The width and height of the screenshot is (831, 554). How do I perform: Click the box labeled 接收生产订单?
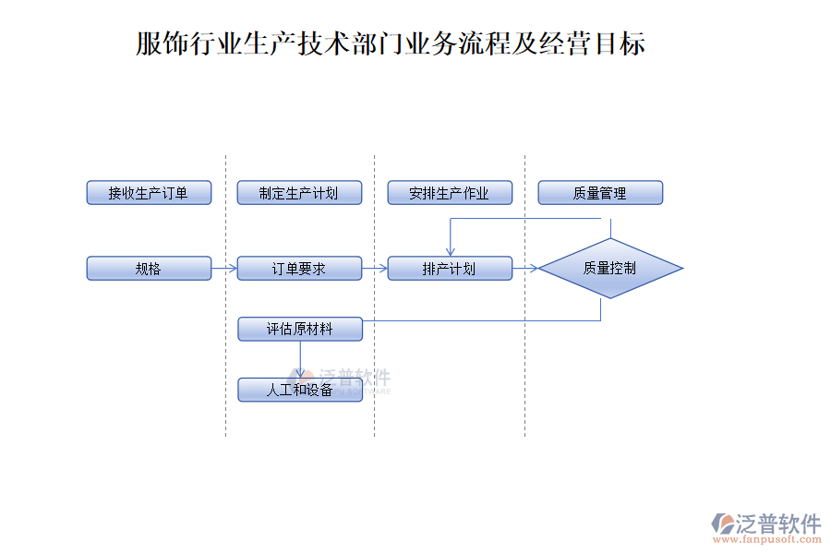[x=149, y=193]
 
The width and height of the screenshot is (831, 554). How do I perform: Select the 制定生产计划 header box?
[x=299, y=193]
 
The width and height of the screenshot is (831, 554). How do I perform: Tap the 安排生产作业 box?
[x=450, y=193]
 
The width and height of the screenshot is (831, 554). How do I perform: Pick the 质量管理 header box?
[x=600, y=193]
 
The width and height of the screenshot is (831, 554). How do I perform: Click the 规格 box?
[x=149, y=269]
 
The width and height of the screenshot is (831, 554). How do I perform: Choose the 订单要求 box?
[x=299, y=269]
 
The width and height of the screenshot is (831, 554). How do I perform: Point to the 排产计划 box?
[x=450, y=269]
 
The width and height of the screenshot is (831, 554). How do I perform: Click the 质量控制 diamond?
[x=610, y=269]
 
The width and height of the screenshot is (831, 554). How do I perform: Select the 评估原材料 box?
[x=299, y=329]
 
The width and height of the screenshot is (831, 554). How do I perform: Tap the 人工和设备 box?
[x=299, y=390]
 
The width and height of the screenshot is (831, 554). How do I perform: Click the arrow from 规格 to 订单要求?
[x=224, y=269]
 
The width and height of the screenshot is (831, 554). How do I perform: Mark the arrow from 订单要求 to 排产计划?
[x=375, y=269]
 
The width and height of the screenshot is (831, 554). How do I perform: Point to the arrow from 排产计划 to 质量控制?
[x=525, y=269]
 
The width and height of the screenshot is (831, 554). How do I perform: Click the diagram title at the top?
[x=391, y=43]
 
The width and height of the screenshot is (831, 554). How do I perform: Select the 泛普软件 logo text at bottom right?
[x=778, y=524]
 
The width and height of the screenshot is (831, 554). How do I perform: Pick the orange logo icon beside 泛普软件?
[x=721, y=524]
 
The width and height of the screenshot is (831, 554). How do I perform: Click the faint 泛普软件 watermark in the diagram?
[x=355, y=378]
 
